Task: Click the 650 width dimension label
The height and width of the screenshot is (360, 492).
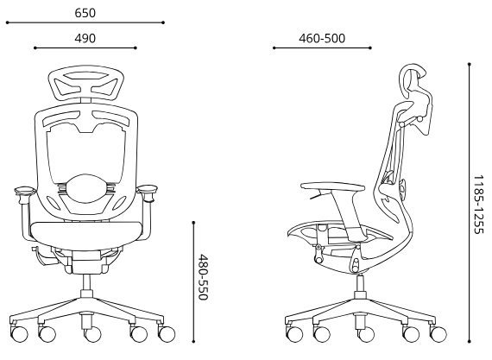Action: click(85, 13)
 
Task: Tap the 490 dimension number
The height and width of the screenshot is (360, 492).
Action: click(85, 38)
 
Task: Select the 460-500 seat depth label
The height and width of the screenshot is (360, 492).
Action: click(322, 38)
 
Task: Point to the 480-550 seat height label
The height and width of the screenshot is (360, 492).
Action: click(204, 277)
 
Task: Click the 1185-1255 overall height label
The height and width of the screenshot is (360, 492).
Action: click(478, 205)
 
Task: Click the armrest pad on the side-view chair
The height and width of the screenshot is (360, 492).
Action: click(332, 186)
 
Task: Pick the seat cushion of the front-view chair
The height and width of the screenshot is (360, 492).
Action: click(85, 231)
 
